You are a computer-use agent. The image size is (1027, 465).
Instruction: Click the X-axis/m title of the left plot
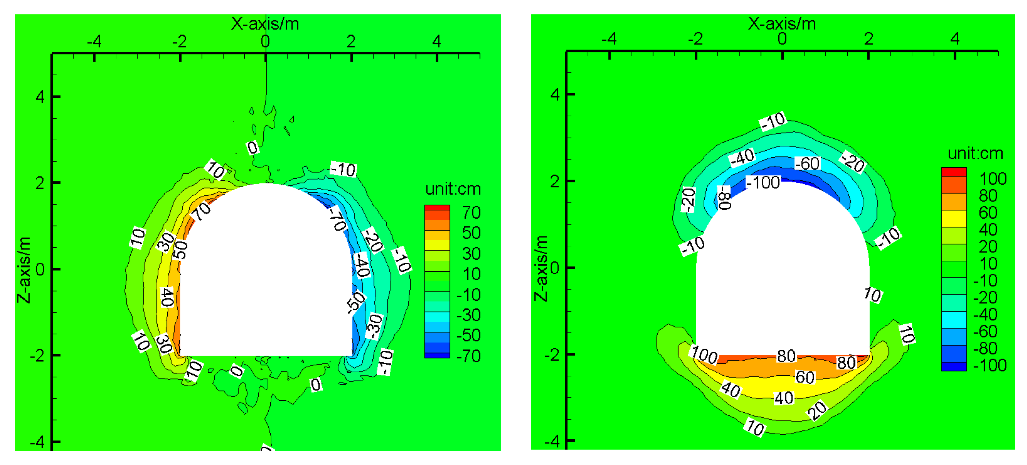coord(265,24)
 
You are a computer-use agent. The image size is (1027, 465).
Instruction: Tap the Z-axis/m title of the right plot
coord(541,268)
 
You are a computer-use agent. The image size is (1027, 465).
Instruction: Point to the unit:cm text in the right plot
coord(975,153)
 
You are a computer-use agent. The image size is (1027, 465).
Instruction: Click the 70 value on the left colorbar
coord(471,213)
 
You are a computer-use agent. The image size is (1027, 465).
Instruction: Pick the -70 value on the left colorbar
coord(468,356)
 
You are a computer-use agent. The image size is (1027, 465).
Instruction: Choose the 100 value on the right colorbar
coord(993,179)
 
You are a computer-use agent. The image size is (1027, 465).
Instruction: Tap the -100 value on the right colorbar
coord(990,365)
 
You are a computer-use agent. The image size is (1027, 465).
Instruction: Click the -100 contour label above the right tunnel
coord(763,183)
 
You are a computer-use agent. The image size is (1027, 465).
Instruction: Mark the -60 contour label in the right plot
coord(807,163)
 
